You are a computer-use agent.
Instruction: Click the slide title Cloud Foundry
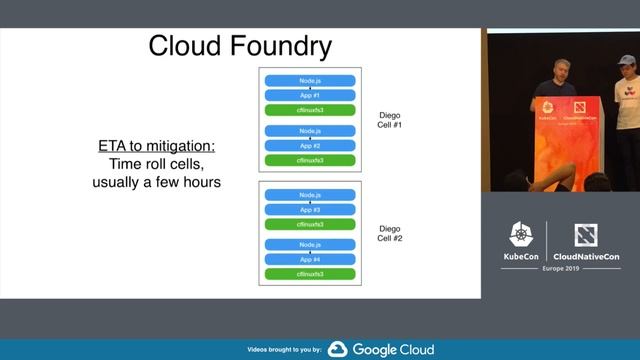240,47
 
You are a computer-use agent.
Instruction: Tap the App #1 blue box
309,95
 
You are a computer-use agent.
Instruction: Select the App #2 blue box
309,146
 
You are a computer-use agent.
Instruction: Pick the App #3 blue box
309,210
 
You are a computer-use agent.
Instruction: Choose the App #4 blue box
309,259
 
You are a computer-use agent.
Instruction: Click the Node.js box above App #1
309,80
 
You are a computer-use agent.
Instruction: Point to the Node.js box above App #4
309,245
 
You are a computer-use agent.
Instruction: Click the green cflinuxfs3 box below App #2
309,160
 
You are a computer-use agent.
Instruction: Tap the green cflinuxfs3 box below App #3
309,224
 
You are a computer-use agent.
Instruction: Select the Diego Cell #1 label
389,120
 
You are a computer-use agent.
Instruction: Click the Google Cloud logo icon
338,349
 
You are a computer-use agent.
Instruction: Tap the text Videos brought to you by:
283,350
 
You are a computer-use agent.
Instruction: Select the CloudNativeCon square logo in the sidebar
584,235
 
